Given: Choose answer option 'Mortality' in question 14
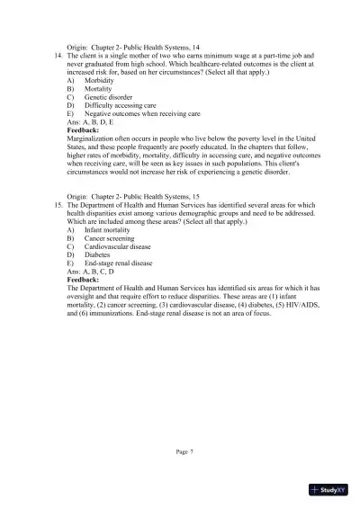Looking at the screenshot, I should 97,90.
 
